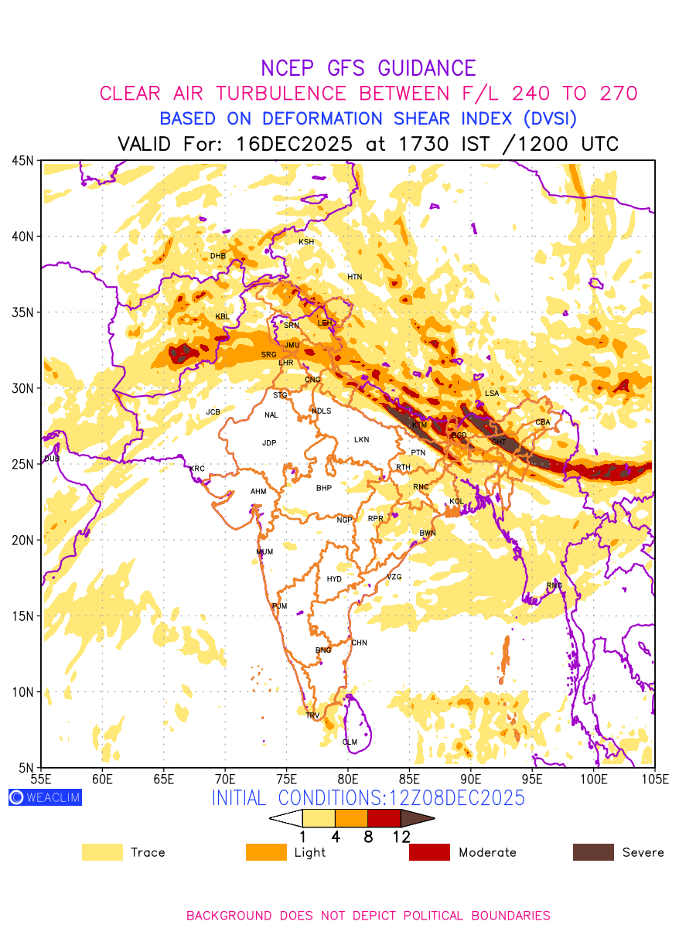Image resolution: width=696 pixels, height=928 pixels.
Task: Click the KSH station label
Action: [x=306, y=242]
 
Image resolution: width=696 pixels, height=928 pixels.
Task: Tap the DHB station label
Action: [x=218, y=256]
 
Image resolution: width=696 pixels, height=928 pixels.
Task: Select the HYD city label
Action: [x=334, y=579]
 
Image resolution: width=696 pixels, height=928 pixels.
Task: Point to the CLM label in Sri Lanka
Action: [x=350, y=742]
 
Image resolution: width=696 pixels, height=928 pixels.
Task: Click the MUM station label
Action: [x=264, y=552]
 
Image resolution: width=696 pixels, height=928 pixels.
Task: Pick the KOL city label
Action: [x=456, y=502]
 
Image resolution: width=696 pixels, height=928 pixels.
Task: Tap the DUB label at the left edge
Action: [x=51, y=459]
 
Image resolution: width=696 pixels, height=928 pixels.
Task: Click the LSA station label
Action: [x=492, y=394]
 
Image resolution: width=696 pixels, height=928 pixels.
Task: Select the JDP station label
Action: [x=269, y=443]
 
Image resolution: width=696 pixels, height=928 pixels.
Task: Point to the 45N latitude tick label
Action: [x=23, y=161]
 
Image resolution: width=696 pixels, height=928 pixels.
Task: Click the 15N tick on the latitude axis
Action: [x=23, y=616]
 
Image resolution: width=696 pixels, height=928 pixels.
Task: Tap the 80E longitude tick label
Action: [x=348, y=777]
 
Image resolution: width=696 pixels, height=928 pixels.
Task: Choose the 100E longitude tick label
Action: [x=594, y=777]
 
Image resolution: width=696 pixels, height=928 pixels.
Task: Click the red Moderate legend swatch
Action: [x=429, y=852]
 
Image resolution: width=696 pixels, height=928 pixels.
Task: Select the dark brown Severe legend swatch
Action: [x=593, y=852]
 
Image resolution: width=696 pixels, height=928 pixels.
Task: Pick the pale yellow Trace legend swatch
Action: [x=102, y=852]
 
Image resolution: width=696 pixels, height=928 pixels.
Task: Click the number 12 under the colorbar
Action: [x=401, y=836]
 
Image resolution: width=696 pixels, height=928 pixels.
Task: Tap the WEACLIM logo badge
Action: [x=45, y=797]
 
